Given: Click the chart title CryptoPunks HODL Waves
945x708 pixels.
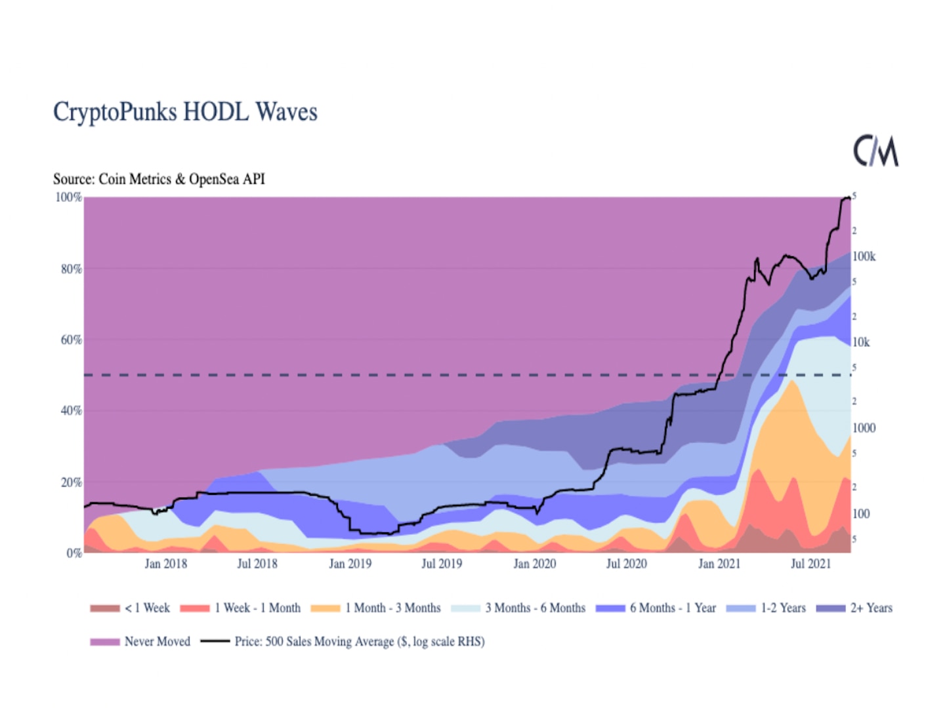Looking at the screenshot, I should tap(185, 112).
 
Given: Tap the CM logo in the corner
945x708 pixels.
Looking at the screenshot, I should tap(875, 151).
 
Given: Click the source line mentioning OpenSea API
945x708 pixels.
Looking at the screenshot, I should tap(159, 179).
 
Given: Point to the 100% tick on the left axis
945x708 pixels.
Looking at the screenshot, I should tap(68, 197).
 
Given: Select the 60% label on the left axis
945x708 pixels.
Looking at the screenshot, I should tap(71, 340).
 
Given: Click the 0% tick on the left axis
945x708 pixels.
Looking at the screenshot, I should tap(73, 553).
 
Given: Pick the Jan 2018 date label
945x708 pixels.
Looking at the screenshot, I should tap(165, 564).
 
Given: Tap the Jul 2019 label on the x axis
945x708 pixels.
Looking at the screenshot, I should tap(442, 564).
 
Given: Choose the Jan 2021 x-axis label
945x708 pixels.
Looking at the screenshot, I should tap(719, 564).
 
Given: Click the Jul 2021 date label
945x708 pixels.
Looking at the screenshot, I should tap(810, 564).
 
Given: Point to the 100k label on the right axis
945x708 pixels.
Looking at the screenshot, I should tap(864, 256).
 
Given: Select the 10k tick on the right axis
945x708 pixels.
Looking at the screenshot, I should tap(861, 342).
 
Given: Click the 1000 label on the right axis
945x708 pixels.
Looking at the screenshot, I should tap(864, 428).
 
